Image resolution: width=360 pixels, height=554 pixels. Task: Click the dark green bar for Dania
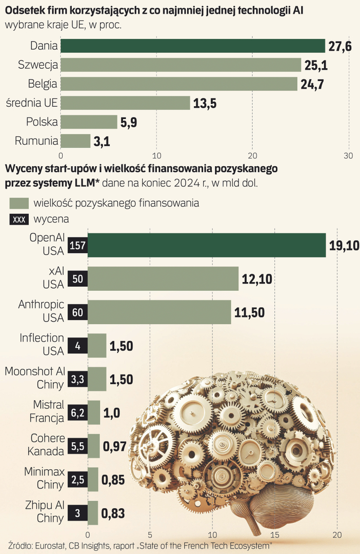[193, 46]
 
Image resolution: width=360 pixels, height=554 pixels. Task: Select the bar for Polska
[89, 122]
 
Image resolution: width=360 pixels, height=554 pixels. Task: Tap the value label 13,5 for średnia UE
[205, 103]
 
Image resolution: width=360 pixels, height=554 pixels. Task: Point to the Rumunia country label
[37, 141]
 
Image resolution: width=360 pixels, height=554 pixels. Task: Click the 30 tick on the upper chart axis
[349, 156]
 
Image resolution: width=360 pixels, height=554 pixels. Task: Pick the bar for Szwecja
[181, 65]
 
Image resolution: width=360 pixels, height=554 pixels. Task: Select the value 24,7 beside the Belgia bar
[312, 84]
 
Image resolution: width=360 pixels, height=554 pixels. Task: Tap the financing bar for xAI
[163, 279]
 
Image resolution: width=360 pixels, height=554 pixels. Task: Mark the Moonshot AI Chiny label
[35, 378]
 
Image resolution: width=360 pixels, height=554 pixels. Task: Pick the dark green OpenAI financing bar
[207, 245]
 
